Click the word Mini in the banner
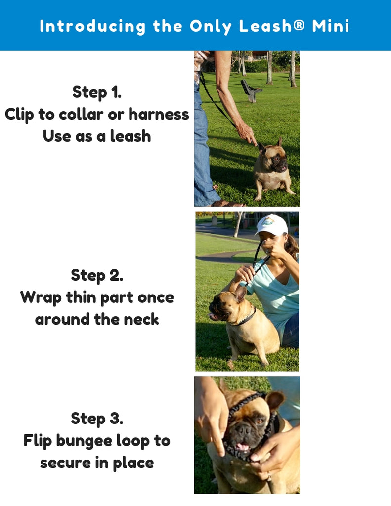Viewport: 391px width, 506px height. pos(331,26)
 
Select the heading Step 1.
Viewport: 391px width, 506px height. pos(97,92)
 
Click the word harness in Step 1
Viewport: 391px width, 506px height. pos(159,114)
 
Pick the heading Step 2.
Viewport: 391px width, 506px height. pos(97,275)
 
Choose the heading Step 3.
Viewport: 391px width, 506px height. pos(97,419)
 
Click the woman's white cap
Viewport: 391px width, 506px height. pos(272,225)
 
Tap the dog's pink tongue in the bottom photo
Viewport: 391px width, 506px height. pos(243,448)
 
